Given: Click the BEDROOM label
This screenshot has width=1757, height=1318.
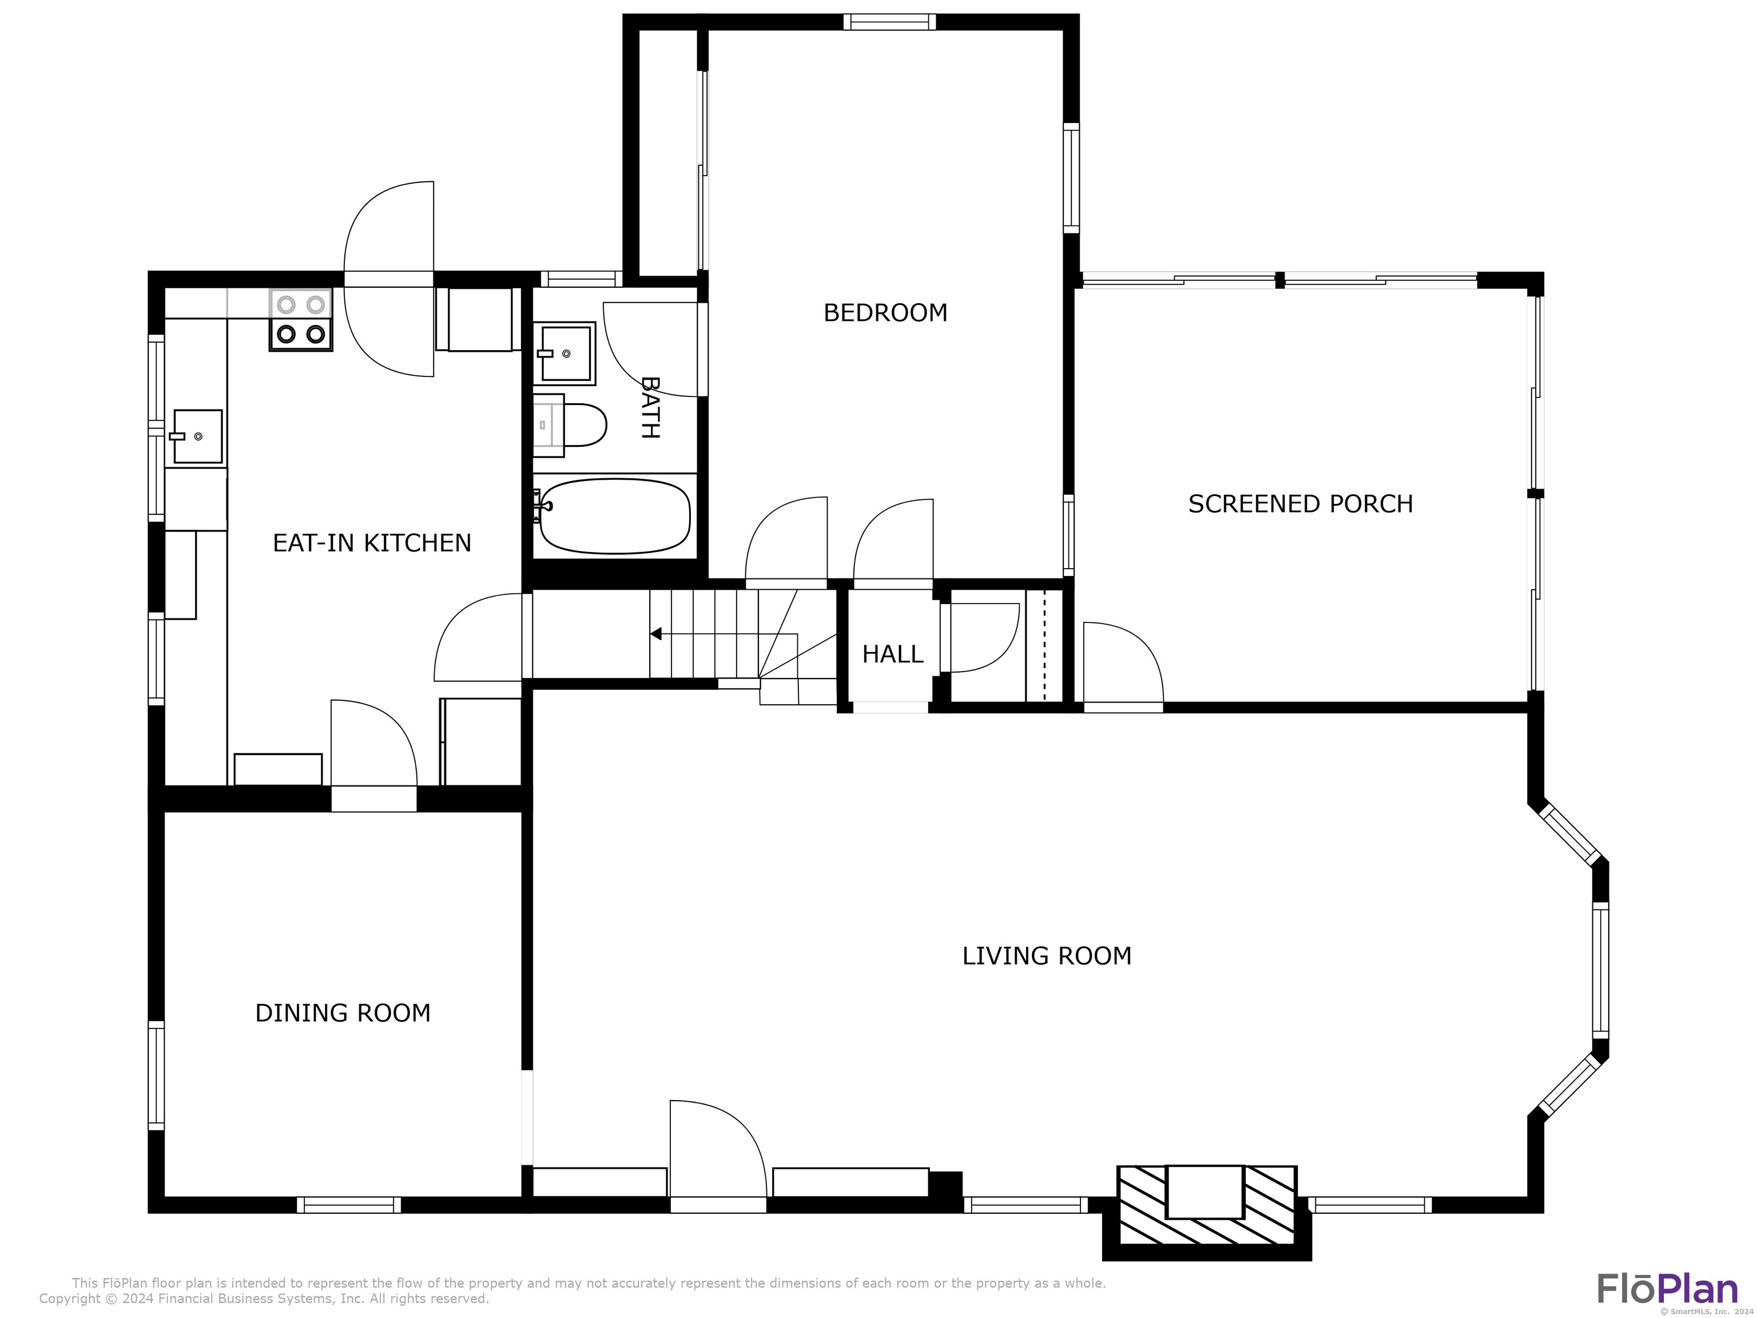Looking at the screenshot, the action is click(885, 313).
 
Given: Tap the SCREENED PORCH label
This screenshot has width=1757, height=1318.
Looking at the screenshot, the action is click(1300, 503).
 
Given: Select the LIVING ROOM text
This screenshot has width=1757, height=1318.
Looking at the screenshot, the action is click(1046, 956).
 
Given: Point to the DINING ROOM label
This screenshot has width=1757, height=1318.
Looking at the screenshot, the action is click(343, 1013).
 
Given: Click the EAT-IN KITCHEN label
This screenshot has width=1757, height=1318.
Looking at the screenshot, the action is click(372, 543).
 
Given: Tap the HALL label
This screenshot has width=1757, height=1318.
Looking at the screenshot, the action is click(893, 654).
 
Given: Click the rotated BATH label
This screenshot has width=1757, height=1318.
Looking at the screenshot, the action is click(650, 407).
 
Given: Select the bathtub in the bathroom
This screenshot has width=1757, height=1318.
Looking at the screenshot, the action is click(613, 517).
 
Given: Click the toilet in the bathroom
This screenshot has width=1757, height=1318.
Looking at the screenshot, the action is click(570, 425).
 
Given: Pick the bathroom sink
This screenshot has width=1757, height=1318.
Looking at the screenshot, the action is click(565, 353).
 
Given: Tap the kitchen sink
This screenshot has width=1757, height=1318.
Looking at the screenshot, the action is click(196, 436).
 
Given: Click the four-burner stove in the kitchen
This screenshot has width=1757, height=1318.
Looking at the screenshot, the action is click(301, 320).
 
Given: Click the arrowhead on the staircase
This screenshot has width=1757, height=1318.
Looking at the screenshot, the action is click(656, 634).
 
